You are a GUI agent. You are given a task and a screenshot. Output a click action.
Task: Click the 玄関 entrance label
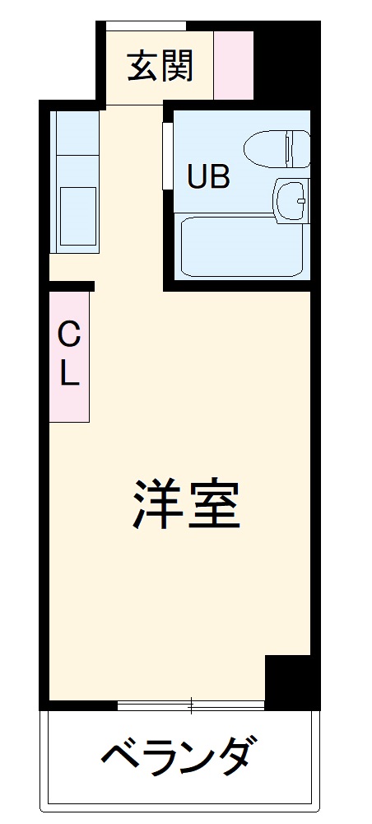pos(160,67)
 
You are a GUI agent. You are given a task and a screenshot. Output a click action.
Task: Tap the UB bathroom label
pos(207,177)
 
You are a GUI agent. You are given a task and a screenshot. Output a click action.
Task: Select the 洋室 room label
pos(187,505)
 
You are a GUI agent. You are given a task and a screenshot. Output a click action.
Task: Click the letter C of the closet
pos(69,335)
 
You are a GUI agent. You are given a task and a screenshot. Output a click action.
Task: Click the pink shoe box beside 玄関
pos(234,66)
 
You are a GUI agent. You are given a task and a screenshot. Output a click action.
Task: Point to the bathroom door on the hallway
pos(168,157)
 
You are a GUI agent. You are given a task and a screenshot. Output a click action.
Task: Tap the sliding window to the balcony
pos(191,705)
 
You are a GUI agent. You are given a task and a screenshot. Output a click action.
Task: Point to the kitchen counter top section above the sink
pos(75,144)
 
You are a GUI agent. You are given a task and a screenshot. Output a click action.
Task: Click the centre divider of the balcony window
pos(191,705)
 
